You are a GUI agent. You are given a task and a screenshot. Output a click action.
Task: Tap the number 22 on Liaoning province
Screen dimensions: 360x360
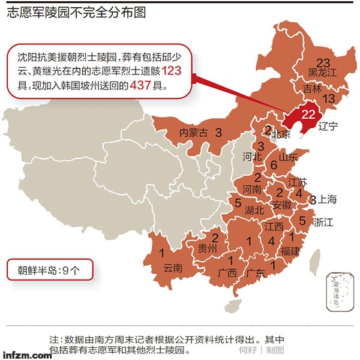click(308, 115)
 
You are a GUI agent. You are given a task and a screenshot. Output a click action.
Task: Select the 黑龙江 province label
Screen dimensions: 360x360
click(323, 73)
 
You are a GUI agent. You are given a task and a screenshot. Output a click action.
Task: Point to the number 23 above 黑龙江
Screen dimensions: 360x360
click(323, 62)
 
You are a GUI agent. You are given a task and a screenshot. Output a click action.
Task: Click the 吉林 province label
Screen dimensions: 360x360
click(313, 88)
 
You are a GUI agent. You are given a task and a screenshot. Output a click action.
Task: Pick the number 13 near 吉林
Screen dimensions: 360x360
click(329, 98)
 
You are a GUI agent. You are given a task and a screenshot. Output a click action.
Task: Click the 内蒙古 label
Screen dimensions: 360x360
click(193, 133)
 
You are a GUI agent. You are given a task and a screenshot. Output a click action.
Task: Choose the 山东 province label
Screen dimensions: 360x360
click(288, 157)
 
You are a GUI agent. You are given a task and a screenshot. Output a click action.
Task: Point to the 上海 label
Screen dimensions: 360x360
click(327, 199)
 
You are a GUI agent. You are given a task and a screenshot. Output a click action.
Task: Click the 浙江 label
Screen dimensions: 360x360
click(323, 222)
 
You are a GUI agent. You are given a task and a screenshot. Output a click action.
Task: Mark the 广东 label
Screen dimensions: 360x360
click(256, 273)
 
